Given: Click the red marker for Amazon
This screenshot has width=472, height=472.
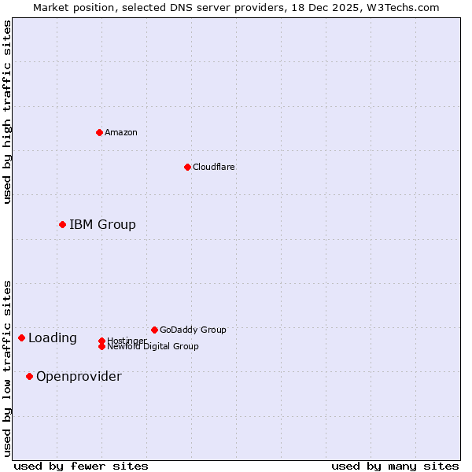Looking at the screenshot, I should pyautogui.click(x=99, y=132).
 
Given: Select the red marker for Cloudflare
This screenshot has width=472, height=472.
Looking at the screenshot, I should pyautogui.click(x=187, y=167).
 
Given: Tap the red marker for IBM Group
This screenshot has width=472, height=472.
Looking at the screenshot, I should pyautogui.click(x=62, y=225).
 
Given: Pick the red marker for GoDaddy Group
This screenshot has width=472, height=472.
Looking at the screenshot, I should pyautogui.click(x=154, y=330).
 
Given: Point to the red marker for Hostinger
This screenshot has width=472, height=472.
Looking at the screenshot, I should pyautogui.click(x=101, y=341).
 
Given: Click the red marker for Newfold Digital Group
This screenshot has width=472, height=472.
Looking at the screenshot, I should pyautogui.click(x=101, y=346).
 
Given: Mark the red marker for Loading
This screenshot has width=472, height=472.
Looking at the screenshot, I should pyautogui.click(x=21, y=338).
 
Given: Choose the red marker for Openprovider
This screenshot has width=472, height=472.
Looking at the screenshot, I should pyautogui.click(x=29, y=376).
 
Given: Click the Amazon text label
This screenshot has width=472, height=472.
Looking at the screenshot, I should pyautogui.click(x=121, y=132).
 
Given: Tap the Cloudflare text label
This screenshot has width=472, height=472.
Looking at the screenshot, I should pyautogui.click(x=214, y=167).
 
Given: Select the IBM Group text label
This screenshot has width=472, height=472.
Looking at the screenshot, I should pyautogui.click(x=102, y=225).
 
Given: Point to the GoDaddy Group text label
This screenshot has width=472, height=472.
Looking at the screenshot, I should pyautogui.click(x=193, y=330).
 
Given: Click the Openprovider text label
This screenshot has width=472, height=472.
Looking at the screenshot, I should pyautogui.click(x=79, y=376).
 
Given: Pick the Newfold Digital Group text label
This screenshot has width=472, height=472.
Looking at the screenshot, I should pyautogui.click(x=153, y=347).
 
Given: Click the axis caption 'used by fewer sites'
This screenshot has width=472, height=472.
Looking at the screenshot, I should pyautogui.click(x=81, y=466).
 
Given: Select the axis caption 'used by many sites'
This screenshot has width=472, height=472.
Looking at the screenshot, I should pyautogui.click(x=395, y=466).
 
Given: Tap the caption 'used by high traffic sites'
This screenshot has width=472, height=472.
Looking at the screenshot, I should pyautogui.click(x=8, y=112).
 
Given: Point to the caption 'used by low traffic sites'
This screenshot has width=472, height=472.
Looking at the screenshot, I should pyautogui.click(x=8, y=368).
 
